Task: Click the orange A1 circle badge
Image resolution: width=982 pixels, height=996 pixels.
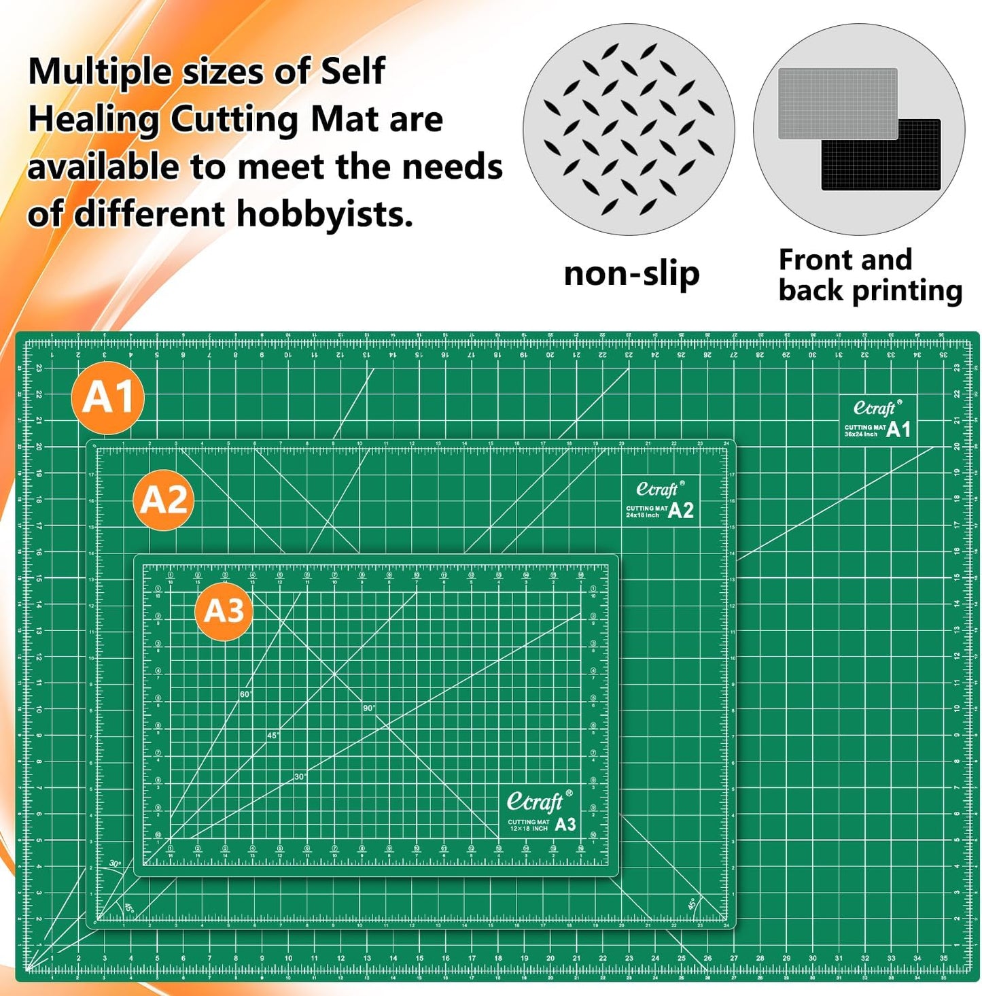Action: tap(107, 398)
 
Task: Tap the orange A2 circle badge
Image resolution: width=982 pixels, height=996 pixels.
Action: tap(164, 500)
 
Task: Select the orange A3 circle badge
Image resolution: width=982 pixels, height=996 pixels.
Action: tap(224, 611)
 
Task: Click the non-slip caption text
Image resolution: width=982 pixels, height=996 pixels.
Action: tap(631, 274)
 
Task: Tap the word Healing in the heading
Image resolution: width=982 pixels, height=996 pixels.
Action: tap(92, 119)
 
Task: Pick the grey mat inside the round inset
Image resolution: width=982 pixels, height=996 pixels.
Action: tap(837, 102)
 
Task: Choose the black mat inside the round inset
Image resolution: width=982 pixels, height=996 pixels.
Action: tap(881, 156)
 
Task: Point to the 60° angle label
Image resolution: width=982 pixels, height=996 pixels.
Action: tap(245, 694)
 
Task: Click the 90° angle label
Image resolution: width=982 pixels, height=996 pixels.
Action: tap(368, 708)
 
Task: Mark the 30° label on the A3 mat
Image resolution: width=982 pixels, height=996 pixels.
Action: tap(300, 776)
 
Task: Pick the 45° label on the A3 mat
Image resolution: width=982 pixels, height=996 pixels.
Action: tap(273, 736)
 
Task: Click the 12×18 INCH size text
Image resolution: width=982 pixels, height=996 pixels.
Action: tap(529, 829)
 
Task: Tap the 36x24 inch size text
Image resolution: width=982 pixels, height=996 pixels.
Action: tap(860, 434)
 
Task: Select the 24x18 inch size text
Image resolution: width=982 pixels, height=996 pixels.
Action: tap(643, 515)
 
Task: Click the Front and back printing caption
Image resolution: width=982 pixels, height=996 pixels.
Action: tap(870, 275)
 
